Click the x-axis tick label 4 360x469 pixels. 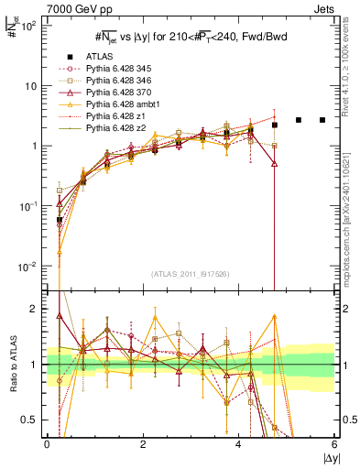point(239,445)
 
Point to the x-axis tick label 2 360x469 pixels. point(143,445)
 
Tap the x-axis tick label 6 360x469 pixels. point(334,445)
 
